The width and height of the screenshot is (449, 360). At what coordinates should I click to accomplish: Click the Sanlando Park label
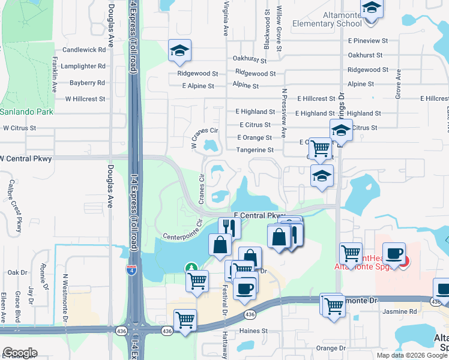tap(26, 112)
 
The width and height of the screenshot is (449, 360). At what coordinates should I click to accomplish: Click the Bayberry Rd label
tap(87, 83)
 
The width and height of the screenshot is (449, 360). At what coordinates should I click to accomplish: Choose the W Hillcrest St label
tap(85, 99)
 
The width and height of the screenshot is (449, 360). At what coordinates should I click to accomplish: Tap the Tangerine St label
tap(255, 150)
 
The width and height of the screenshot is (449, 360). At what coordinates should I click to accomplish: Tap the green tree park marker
tap(191, 268)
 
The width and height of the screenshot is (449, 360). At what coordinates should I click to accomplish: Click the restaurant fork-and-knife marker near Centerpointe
tap(229, 226)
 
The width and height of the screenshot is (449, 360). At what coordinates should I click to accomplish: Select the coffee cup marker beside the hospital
tap(394, 253)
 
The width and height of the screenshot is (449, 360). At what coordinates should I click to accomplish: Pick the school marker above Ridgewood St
tap(179, 52)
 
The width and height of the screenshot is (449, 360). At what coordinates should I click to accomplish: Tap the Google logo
tap(20, 353)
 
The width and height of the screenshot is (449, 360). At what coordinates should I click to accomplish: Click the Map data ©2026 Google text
tap(412, 355)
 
